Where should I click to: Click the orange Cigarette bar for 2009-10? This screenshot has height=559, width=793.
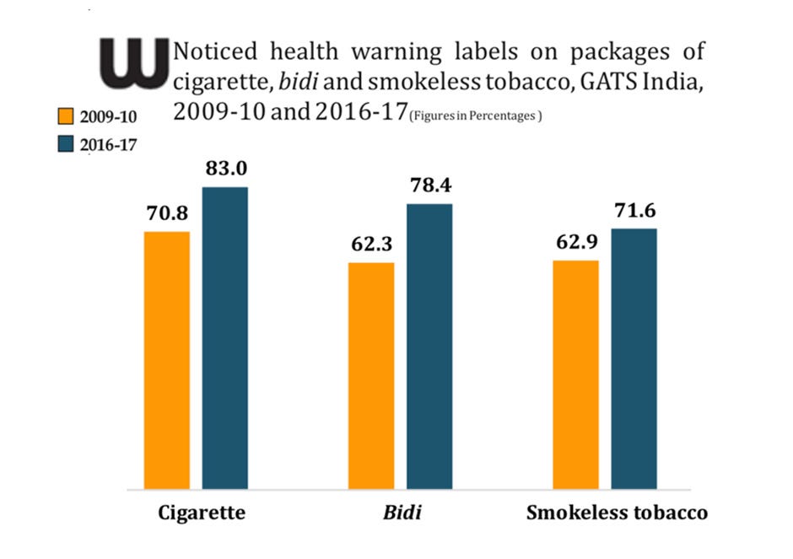point(167,360)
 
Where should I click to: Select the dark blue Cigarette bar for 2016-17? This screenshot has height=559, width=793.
point(224,337)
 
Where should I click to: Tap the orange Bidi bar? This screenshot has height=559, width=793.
point(371,375)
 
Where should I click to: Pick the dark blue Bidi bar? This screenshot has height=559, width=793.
point(429,346)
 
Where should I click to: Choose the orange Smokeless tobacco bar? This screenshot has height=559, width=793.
point(575,374)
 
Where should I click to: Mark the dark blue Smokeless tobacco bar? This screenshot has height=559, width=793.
point(634,358)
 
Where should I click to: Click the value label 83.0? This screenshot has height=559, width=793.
point(225,169)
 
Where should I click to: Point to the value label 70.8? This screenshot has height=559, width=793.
point(167,214)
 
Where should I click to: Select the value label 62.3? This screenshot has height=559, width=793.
point(371,245)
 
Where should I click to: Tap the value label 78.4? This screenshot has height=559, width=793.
point(429,186)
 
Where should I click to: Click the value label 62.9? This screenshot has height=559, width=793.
point(575,244)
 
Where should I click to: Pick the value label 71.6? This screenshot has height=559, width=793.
point(634,212)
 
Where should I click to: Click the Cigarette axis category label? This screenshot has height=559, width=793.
point(202,513)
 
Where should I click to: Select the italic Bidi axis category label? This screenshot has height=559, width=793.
point(401,513)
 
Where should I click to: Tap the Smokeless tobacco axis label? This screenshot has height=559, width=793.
point(617,513)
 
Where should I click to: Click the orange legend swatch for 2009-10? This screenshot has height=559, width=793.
point(66,116)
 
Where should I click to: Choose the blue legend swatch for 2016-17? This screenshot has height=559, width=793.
point(66,144)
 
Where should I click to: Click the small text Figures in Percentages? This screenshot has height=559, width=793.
point(475,116)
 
